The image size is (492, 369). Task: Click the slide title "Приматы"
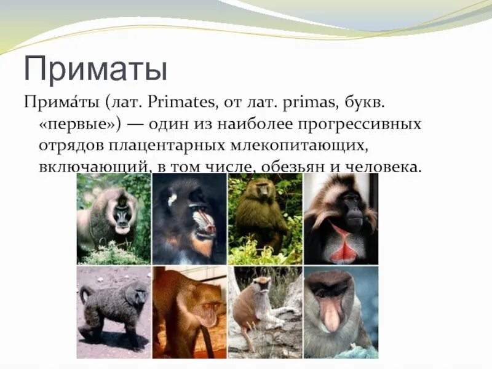tap(95, 69)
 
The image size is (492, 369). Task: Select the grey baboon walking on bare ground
tap(114, 307)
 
